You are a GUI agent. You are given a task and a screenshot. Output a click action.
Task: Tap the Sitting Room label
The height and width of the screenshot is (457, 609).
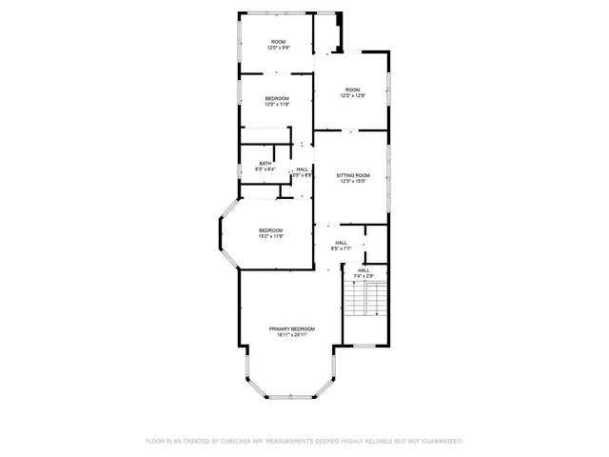click(x=352, y=175)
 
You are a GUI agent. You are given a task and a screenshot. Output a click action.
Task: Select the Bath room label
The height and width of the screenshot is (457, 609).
click(x=265, y=163)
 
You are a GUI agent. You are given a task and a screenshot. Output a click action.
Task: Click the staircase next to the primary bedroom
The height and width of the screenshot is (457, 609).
click(x=365, y=303)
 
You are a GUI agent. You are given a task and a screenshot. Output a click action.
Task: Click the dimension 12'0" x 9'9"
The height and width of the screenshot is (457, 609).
click(x=278, y=48)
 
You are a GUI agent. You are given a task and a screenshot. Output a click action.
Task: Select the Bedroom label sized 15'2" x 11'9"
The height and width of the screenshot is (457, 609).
click(x=271, y=230)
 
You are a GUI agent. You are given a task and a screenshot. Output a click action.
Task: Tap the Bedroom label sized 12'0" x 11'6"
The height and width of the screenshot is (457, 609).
click(x=277, y=98)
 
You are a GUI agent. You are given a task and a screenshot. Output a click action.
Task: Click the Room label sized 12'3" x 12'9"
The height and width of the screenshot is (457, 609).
click(x=353, y=89)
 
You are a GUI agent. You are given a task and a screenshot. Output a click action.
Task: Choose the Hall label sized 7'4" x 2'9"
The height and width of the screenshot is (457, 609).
click(x=363, y=270)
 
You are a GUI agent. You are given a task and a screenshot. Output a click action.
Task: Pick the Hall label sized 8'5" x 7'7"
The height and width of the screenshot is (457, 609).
click(x=341, y=243)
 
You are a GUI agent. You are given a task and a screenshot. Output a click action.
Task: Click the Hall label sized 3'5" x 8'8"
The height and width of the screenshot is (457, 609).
click(x=302, y=169)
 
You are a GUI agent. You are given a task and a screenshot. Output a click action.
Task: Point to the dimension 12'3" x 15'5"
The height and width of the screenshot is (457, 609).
click(x=352, y=182)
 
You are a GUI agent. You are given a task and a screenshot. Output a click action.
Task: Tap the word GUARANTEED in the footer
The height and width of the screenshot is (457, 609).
click(x=440, y=441)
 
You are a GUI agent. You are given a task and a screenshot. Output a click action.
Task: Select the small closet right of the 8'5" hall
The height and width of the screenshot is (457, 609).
click(x=376, y=244)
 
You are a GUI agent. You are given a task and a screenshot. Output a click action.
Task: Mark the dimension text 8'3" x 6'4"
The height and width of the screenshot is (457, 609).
click(x=265, y=169)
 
